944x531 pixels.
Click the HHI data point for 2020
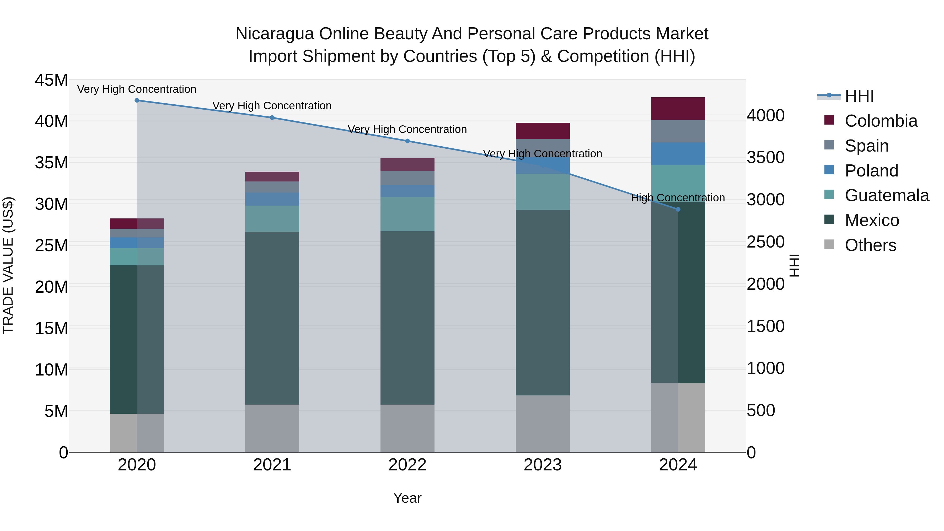tap(137, 100)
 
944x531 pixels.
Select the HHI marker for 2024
tap(678, 209)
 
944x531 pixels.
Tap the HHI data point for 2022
tap(407, 141)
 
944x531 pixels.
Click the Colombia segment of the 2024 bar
tap(678, 109)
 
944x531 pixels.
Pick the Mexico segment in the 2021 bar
tap(272, 318)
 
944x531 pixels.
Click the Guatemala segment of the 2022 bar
tap(407, 214)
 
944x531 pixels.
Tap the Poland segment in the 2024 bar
tap(678, 154)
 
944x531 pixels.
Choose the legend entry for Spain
tap(866, 146)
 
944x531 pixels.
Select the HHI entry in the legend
tap(859, 96)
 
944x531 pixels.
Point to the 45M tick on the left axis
tap(51, 80)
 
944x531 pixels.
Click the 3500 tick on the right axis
tap(765, 158)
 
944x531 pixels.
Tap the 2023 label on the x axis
tap(542, 465)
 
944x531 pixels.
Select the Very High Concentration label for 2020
tap(137, 89)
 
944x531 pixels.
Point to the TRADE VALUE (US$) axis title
tap(8, 265)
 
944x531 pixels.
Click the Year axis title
tap(407, 498)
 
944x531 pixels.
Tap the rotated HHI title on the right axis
tap(794, 265)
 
